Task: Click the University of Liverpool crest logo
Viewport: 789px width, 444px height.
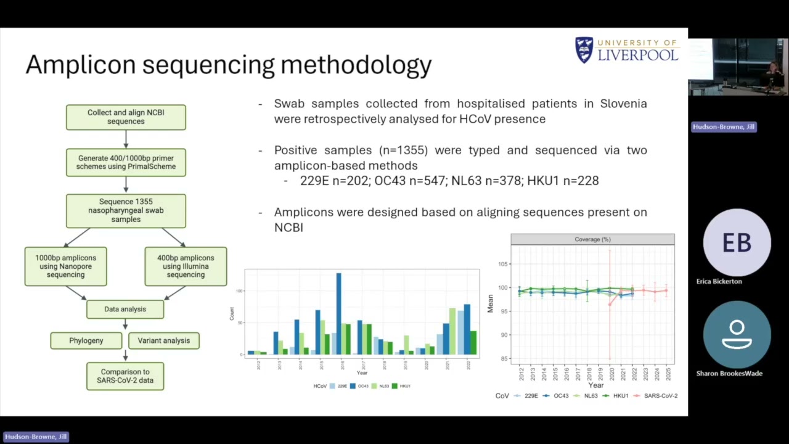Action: point(584,50)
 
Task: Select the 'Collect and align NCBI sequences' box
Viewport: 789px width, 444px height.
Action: point(126,117)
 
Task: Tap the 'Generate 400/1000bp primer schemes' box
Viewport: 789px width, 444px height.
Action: point(126,162)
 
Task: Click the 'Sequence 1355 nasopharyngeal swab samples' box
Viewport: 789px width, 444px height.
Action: point(126,210)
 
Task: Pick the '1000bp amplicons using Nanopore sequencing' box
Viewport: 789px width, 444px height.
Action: point(65,266)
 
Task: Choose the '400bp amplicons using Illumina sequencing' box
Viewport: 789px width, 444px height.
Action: point(186,266)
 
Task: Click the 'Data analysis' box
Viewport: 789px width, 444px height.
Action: point(125,309)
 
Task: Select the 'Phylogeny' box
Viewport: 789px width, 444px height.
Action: point(86,340)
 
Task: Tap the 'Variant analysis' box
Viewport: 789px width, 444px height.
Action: point(163,340)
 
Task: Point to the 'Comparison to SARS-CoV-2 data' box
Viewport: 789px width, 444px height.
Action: point(125,376)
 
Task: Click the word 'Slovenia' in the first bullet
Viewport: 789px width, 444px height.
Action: point(623,104)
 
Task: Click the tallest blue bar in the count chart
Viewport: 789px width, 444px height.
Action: point(338,313)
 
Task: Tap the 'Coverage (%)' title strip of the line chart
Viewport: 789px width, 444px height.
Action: point(592,239)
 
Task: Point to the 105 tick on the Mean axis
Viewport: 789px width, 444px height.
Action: point(502,264)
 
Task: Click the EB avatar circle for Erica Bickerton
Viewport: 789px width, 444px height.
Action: point(737,243)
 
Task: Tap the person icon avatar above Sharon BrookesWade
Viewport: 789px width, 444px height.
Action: point(737,335)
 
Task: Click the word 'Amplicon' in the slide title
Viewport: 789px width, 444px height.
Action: point(80,65)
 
